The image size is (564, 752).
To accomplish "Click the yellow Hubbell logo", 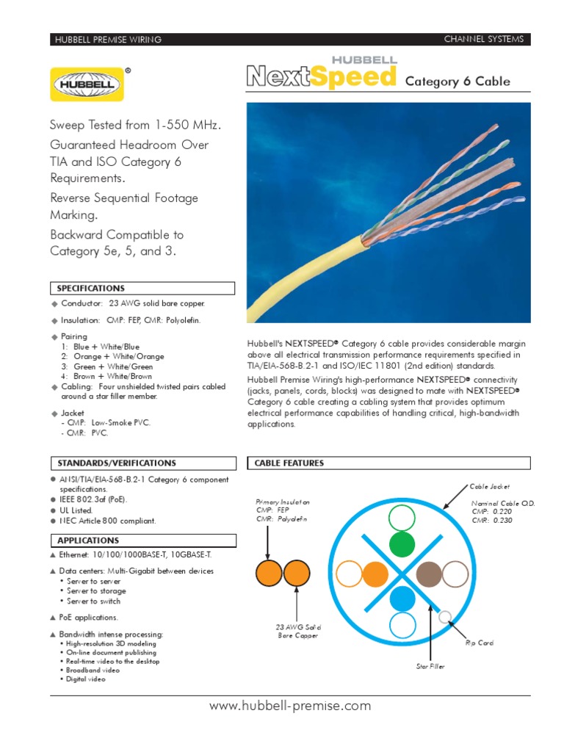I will point(87,83).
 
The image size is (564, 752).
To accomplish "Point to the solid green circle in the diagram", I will point(402,545).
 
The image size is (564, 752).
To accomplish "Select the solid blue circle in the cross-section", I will point(402,599).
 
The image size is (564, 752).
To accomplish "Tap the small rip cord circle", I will point(444,617).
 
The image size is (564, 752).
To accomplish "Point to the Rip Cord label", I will point(480,643).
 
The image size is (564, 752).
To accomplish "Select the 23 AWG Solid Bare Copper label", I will point(298,632).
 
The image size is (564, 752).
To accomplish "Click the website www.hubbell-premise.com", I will point(290,706).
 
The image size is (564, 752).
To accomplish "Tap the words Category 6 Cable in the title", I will point(458,82).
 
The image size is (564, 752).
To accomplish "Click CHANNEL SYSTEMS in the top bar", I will point(484,39).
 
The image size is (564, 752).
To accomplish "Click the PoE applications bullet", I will point(87,618).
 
